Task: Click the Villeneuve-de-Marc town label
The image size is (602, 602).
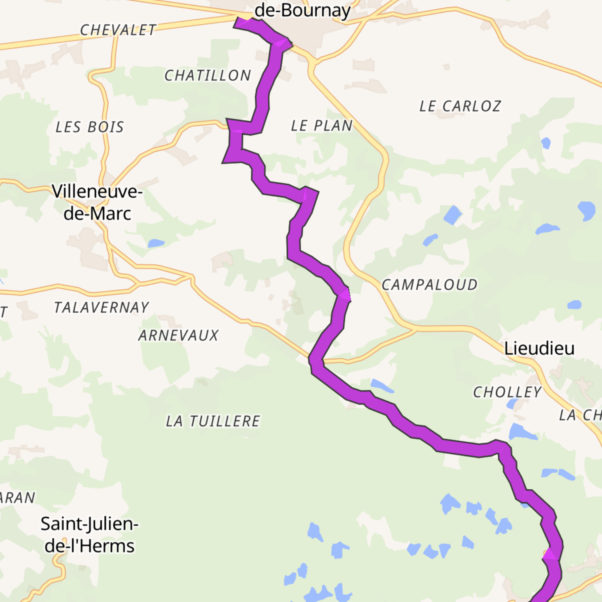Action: [x=97, y=202]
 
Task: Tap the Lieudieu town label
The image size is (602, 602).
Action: [x=539, y=348]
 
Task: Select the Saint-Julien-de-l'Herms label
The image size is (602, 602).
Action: [x=89, y=535]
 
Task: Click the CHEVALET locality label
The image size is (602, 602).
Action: [x=118, y=30]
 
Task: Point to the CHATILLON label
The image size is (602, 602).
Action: [x=207, y=75]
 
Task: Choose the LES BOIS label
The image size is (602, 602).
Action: [x=90, y=127]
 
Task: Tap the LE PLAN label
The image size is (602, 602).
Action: [x=322, y=126]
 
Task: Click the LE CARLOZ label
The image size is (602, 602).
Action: [x=460, y=106]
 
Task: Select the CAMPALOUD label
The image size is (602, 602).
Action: [x=429, y=285]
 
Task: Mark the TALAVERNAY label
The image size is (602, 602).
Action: [x=101, y=307]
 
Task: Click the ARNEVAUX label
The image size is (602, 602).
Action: [x=178, y=335]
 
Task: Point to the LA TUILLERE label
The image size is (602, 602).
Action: [x=213, y=421]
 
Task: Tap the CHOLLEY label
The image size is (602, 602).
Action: [x=507, y=392]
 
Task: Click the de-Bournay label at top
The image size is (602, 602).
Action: [x=302, y=11]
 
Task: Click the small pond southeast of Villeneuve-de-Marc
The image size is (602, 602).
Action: [x=156, y=243]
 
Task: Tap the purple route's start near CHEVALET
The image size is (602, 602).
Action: [x=239, y=23]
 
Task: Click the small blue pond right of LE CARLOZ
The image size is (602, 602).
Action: [x=545, y=143]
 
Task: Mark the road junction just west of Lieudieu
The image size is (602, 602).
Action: [x=414, y=328]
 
